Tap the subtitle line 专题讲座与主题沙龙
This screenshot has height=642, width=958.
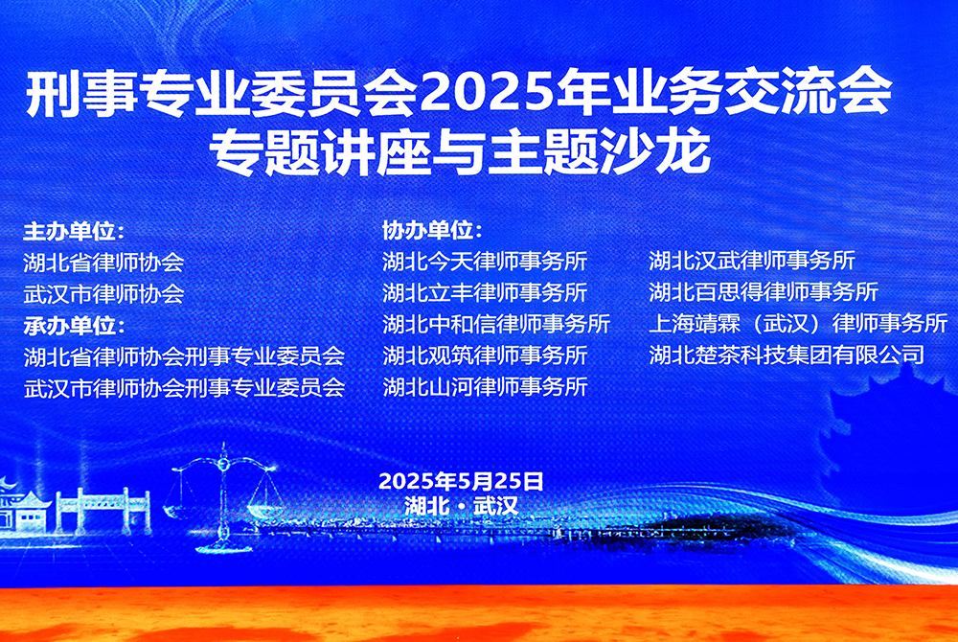click(x=460, y=151)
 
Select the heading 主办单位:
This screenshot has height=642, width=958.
click(x=74, y=232)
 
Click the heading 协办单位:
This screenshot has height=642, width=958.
click(x=432, y=231)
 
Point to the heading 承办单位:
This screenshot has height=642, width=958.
click(x=74, y=326)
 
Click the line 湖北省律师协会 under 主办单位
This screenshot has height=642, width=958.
click(x=103, y=263)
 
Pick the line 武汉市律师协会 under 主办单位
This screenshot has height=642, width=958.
click(x=103, y=294)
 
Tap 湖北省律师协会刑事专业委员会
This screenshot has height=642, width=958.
click(x=184, y=356)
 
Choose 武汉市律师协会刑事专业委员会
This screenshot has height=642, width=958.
click(x=184, y=387)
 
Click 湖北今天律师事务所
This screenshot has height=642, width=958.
click(x=485, y=261)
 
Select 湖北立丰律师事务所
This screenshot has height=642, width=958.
click(x=485, y=292)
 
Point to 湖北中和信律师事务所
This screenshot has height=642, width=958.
click(x=496, y=324)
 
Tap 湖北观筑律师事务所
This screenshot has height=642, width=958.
click(x=485, y=355)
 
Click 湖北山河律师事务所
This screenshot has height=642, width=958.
click(x=485, y=387)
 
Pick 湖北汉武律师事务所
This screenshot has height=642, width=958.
click(x=752, y=261)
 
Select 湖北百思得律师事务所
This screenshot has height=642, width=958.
click(x=764, y=291)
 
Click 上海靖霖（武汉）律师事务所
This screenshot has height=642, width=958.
click(x=799, y=323)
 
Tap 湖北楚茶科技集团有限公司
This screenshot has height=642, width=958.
click(x=787, y=355)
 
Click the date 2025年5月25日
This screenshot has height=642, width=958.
click(x=461, y=481)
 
